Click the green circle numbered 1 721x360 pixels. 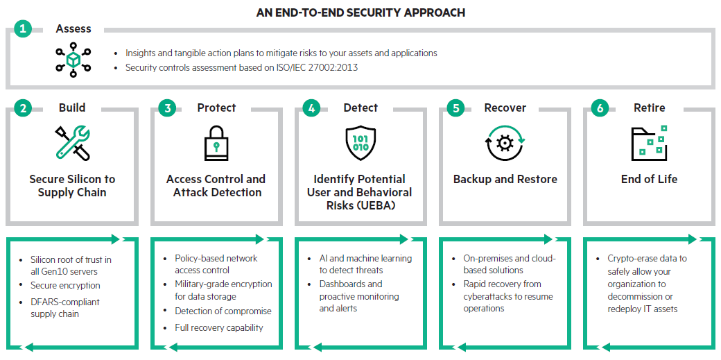23,29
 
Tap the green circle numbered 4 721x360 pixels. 311,108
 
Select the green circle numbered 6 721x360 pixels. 600,108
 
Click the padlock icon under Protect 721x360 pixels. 216,143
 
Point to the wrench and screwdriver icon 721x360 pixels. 72,143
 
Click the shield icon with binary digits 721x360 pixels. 360,143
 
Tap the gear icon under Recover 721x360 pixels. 505,143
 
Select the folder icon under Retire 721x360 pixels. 649,143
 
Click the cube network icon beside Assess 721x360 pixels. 73,60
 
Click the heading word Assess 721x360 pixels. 73,29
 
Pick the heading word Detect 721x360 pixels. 360,108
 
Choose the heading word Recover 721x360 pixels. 505,108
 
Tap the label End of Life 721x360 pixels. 649,179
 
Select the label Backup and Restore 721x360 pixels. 505,179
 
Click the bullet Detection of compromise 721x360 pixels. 223,311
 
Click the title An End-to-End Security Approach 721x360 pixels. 360,12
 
